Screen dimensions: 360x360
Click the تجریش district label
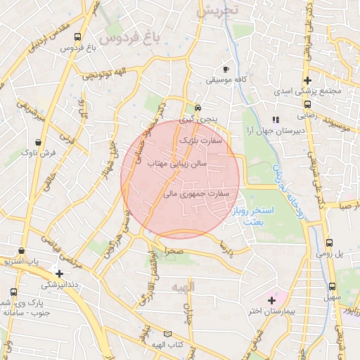click(x=219, y=11)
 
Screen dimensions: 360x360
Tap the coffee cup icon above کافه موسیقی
click(x=226, y=69)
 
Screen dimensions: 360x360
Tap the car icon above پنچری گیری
click(x=199, y=108)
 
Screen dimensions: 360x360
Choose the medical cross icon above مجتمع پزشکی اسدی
click(x=307, y=80)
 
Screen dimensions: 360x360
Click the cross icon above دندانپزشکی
click(x=60, y=274)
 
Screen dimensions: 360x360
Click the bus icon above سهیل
click(x=332, y=287)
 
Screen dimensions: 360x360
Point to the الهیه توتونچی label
click(x=108, y=75)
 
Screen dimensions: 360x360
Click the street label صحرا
click(x=174, y=250)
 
